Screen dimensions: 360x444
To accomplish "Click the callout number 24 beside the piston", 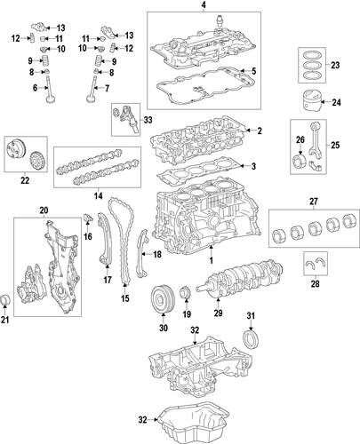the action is tap(336, 102).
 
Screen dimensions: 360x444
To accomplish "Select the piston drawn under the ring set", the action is tap(311, 101).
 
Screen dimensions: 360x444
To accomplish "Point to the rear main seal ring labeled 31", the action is tap(251, 338).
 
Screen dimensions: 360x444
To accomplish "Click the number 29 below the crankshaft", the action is tap(218, 313).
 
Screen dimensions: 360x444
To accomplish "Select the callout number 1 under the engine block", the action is tap(212, 261).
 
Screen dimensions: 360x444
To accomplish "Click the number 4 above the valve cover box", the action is tap(204, 4).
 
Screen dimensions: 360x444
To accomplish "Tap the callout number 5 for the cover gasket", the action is tap(253, 71).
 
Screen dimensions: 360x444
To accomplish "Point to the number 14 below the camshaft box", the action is tap(99, 195).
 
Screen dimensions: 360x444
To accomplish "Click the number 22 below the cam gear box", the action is tap(25, 180).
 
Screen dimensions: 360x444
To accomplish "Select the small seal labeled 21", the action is tap(6, 299).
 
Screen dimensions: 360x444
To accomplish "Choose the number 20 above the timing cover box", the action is tap(44, 210).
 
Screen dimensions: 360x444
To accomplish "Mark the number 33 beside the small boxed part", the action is tap(148, 120).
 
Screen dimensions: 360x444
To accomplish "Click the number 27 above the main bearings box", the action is tap(314, 202).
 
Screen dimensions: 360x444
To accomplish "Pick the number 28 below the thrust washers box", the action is tap(316, 284).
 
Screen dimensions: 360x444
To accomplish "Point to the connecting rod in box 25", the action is tap(315, 139).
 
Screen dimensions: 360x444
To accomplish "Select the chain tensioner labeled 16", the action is tap(89, 218).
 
